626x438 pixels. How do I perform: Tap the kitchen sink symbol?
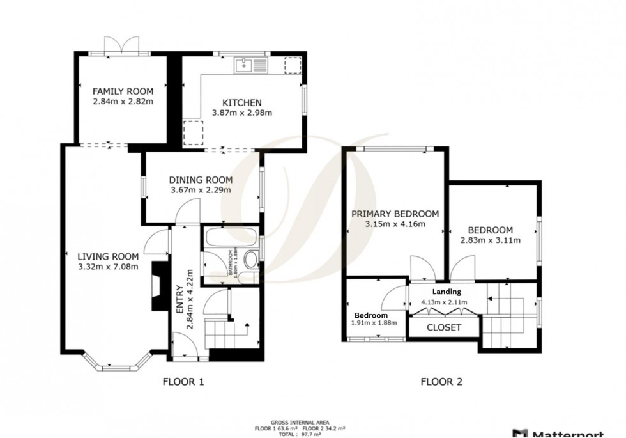(252, 65)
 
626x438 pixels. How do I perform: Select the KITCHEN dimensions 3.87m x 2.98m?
(242, 113)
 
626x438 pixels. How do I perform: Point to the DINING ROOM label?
(201, 180)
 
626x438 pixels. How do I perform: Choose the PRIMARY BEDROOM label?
(394, 214)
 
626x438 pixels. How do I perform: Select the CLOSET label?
(443, 327)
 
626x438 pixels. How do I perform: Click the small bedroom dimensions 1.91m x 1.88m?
(374, 323)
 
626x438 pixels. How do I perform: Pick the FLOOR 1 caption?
(183, 382)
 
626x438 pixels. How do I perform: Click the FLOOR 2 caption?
(441, 382)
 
